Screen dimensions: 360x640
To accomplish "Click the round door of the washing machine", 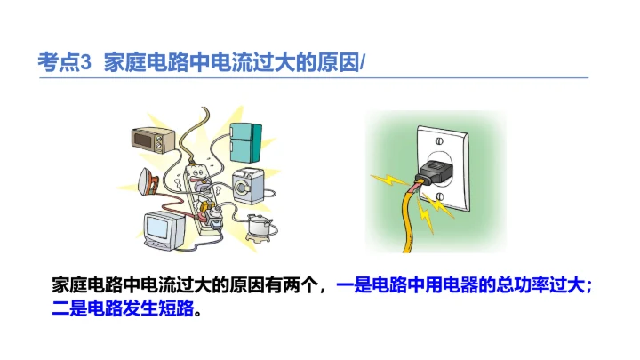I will pos(246,189).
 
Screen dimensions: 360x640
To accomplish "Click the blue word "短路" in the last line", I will pos(174,309).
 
